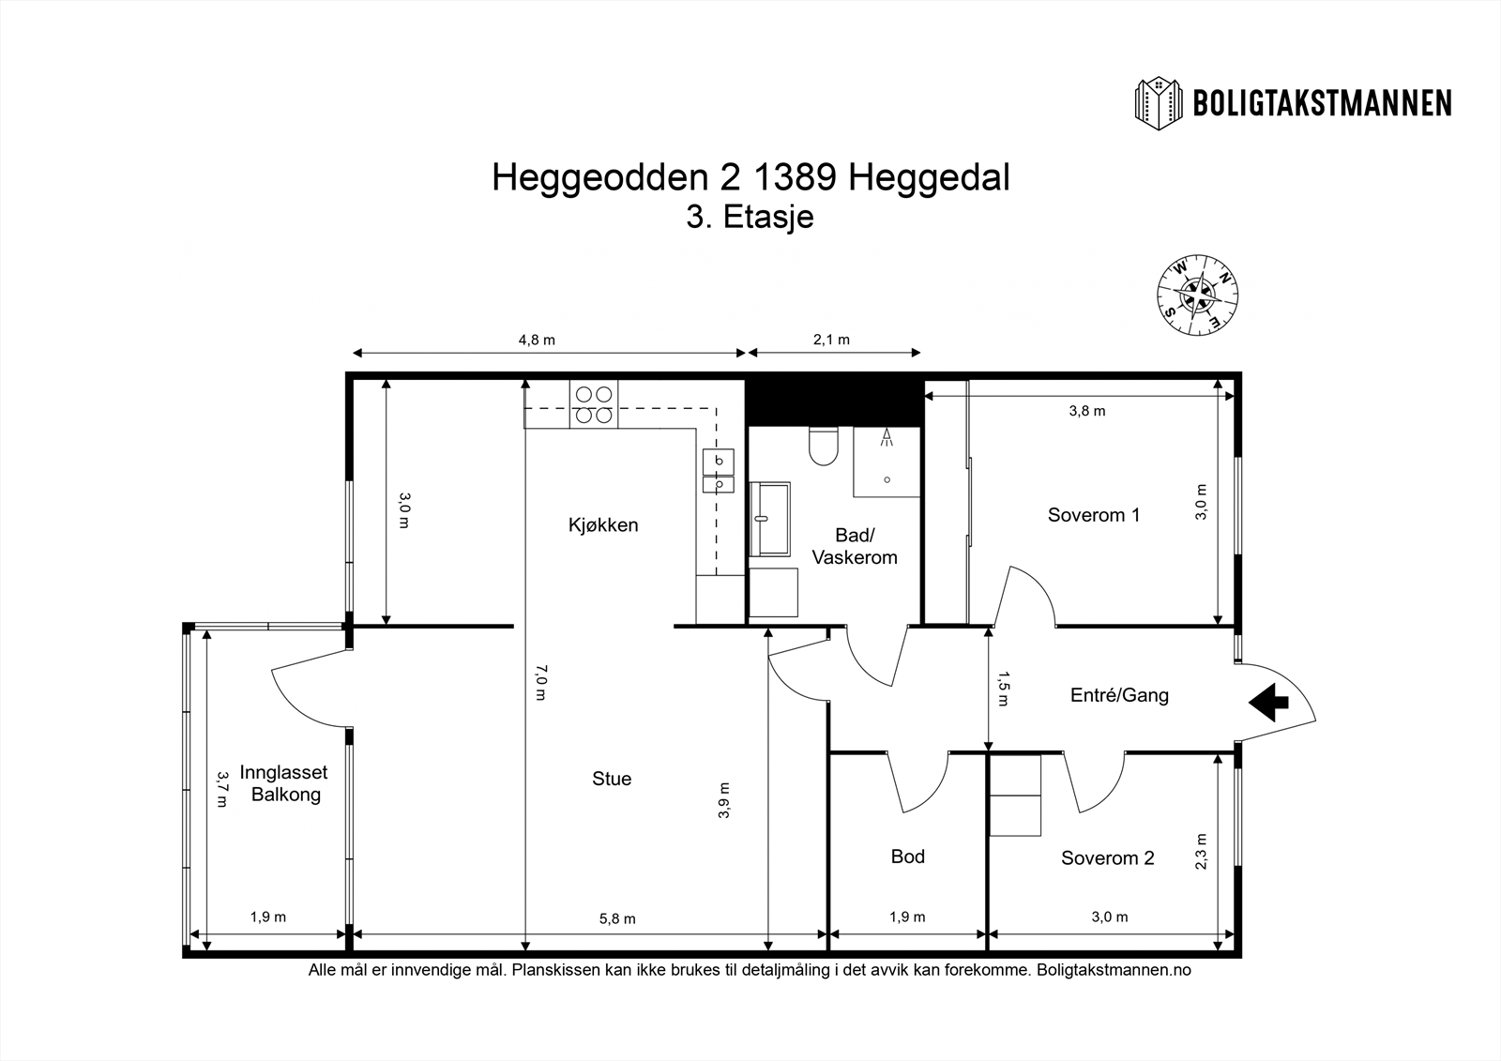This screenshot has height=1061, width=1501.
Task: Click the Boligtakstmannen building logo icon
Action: [x=1160, y=102]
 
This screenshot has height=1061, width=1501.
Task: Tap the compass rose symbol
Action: [x=1197, y=295]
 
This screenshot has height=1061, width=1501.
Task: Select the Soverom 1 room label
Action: [x=1093, y=515]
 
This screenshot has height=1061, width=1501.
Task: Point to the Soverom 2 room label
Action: [x=1107, y=857]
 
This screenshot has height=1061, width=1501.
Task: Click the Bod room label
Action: [x=907, y=856]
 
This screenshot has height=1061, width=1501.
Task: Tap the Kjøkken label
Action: [x=603, y=524]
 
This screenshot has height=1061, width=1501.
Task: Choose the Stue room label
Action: [x=612, y=779]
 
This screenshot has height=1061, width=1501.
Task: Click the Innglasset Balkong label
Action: [x=283, y=783]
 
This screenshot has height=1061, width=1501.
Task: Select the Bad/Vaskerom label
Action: [x=855, y=546]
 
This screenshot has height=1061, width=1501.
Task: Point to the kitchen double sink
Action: [x=719, y=472]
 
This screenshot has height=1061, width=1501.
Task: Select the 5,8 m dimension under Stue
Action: [x=617, y=918]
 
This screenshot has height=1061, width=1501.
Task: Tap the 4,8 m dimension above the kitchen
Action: [x=537, y=340]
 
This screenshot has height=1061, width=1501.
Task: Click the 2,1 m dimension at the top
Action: [x=831, y=340]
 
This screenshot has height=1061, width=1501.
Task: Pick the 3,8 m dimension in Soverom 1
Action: [x=1087, y=411]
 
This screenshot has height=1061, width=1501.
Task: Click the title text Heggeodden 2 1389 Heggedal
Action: [x=750, y=177]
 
